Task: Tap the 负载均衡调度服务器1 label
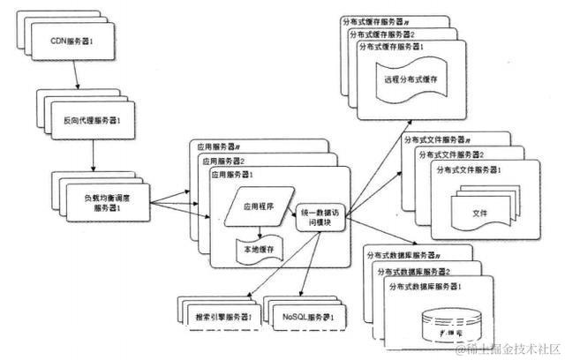109,196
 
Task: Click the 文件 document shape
479,212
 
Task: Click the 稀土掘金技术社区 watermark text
505,350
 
